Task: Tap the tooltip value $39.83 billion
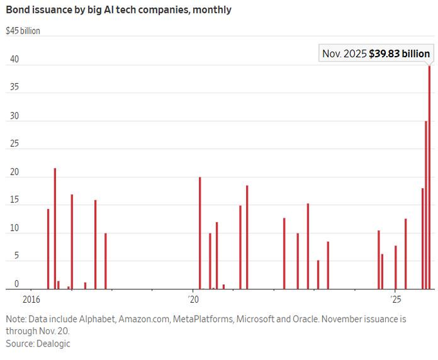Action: (399, 54)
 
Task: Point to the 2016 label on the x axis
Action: (32, 299)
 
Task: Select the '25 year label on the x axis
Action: (395, 299)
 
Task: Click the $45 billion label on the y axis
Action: (23, 30)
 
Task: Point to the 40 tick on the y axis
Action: (14, 60)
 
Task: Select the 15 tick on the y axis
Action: (14, 201)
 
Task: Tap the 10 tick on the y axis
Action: (14, 229)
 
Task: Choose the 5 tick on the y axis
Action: (17, 256)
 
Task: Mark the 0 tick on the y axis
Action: (17, 284)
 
